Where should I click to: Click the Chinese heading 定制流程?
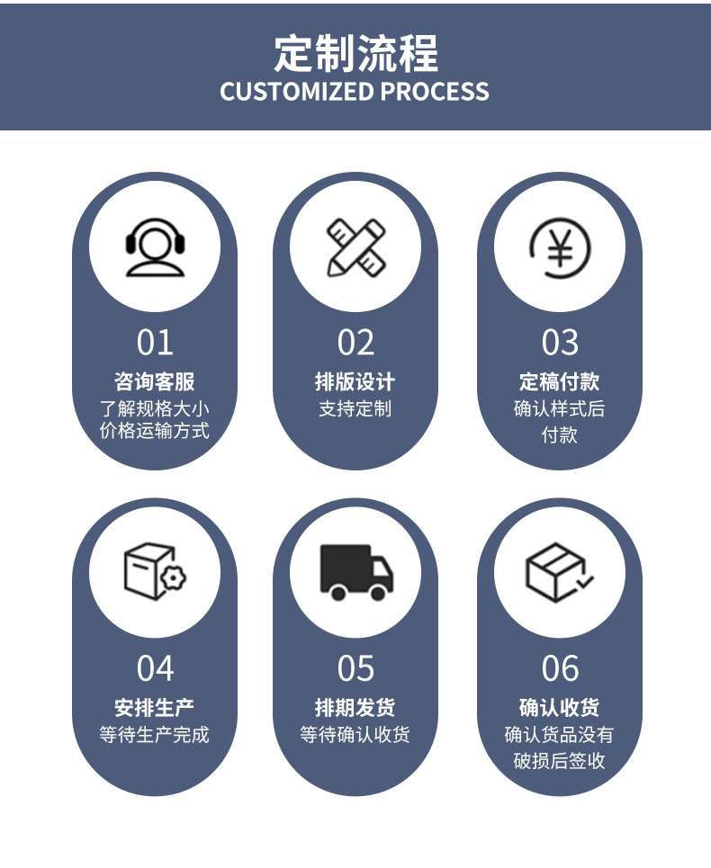(x=355, y=54)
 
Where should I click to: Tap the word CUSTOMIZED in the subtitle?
(x=296, y=92)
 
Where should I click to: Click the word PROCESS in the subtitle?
(x=435, y=92)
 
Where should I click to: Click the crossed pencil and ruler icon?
(x=355, y=246)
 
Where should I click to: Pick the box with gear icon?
(x=155, y=571)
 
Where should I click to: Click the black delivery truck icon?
(x=355, y=571)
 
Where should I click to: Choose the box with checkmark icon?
(x=559, y=571)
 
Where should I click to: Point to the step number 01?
(x=155, y=343)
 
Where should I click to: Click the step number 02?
(x=355, y=343)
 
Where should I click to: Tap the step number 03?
(x=560, y=343)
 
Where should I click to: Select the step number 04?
(x=155, y=668)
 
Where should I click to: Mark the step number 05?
(x=355, y=668)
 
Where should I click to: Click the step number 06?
(x=560, y=668)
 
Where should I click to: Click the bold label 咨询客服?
(x=155, y=381)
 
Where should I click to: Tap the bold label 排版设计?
(x=355, y=381)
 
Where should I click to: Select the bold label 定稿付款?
(x=560, y=381)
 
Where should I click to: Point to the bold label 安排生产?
(x=155, y=707)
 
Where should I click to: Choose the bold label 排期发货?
(x=355, y=707)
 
